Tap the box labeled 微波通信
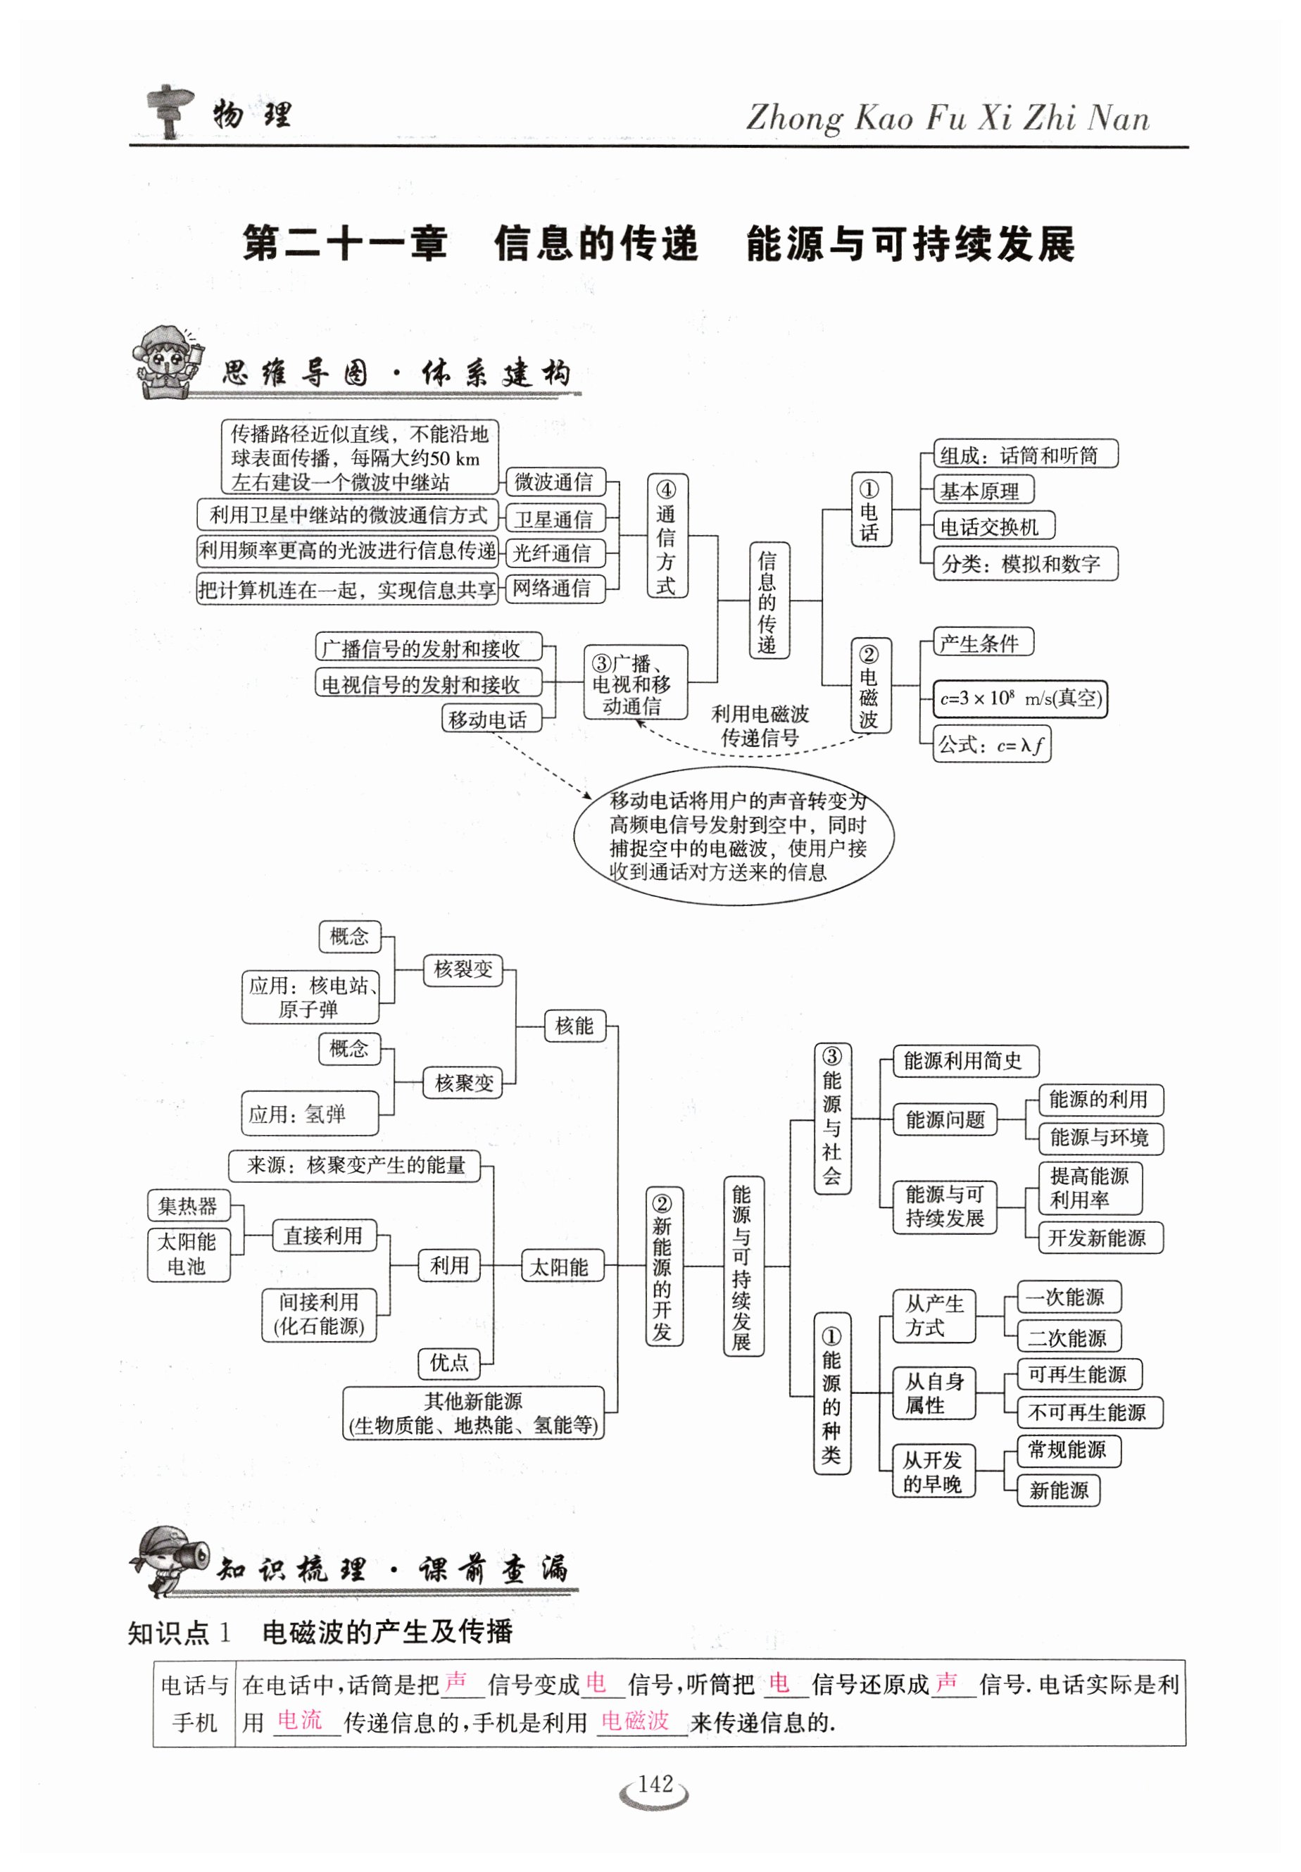[x=554, y=482]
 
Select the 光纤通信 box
[x=553, y=553]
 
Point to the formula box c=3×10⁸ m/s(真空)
[x=1020, y=698]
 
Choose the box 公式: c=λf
[x=991, y=744]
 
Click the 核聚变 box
[x=463, y=1082]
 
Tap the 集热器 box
[x=188, y=1206]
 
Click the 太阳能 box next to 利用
[x=562, y=1267]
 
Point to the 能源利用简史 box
[x=964, y=1060]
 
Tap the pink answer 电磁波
[x=635, y=1721]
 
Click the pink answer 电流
[x=300, y=1721]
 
